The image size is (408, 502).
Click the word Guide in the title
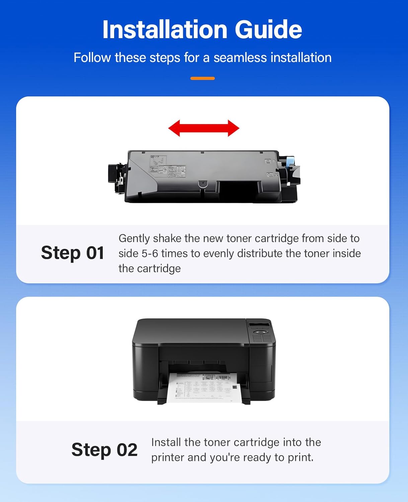tap(268, 30)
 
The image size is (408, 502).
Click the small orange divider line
tap(202, 78)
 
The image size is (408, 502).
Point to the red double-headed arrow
tap(203, 128)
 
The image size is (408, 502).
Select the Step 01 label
tap(72, 253)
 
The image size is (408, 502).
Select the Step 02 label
tap(104, 450)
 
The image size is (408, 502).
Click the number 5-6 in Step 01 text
tap(150, 253)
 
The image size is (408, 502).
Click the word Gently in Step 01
tap(134, 238)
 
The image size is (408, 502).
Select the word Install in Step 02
tap(166, 442)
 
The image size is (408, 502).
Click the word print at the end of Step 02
tap(300, 457)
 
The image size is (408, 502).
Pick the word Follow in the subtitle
tap(92, 58)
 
